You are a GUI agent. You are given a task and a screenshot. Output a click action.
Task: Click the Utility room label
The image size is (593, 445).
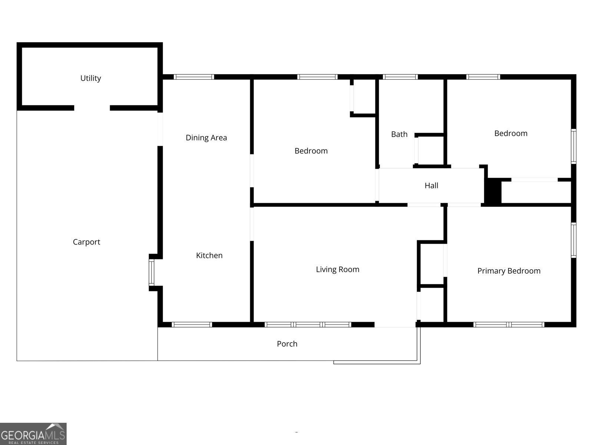[91, 78]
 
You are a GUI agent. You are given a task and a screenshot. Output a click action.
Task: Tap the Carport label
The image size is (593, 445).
[86, 242]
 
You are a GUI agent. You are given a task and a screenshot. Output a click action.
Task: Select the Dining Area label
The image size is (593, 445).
[206, 138]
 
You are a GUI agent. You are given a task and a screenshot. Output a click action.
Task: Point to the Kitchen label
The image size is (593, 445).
[209, 256]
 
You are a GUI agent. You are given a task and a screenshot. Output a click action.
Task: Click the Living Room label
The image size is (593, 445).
[338, 269]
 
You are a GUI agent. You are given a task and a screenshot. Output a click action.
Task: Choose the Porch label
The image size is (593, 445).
[287, 344]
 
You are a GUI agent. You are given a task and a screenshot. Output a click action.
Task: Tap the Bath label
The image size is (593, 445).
[399, 134]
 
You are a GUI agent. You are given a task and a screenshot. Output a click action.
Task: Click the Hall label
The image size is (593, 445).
[431, 186]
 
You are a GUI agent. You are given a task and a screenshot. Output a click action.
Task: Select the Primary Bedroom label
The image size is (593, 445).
[509, 271]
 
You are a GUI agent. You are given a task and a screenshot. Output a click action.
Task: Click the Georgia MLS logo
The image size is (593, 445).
[33, 434]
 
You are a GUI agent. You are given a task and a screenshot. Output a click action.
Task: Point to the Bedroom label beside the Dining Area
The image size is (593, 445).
[311, 151]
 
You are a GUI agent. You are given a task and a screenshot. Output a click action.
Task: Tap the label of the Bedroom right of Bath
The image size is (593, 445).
[511, 133]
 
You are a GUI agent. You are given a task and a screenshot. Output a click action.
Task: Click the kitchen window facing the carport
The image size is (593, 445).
[152, 272]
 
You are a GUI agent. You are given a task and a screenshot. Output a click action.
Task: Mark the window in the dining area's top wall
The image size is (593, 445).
[194, 77]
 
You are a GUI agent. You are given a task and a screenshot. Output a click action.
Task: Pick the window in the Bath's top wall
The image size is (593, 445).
[400, 77]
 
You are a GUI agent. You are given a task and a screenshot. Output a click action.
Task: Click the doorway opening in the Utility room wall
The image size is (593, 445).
[92, 108]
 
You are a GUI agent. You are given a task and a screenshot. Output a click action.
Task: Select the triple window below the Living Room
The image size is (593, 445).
[308, 324]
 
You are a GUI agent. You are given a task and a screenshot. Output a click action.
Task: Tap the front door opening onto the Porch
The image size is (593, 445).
[395, 324]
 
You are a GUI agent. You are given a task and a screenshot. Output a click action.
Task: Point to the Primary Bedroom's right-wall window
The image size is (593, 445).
[574, 240]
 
